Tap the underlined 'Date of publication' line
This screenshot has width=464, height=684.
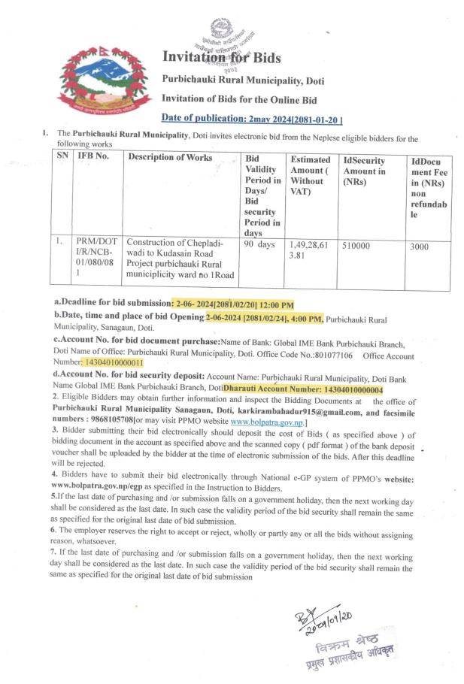click(252, 118)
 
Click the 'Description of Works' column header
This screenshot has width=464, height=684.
click(170, 157)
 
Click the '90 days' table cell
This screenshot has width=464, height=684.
click(259, 244)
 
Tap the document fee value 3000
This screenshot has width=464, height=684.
click(422, 246)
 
